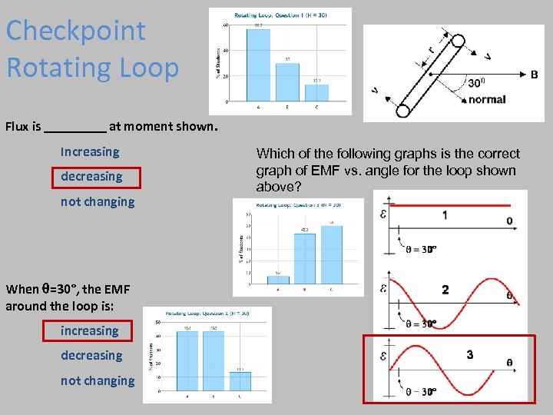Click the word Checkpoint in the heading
coord(75,32)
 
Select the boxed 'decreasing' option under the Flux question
coord(91,177)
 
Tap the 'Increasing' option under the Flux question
coord(90,152)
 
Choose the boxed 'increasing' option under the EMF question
coord(90,331)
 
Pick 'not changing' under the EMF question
coord(98,380)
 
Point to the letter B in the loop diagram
coord(534,75)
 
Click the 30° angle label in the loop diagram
coord(477,83)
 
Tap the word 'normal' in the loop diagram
coord(487,99)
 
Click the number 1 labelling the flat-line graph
coord(445,216)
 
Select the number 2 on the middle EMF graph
coord(445,290)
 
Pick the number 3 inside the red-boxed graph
coord(469,354)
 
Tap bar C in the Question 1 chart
coord(316,93)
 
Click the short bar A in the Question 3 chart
coord(277,280)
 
